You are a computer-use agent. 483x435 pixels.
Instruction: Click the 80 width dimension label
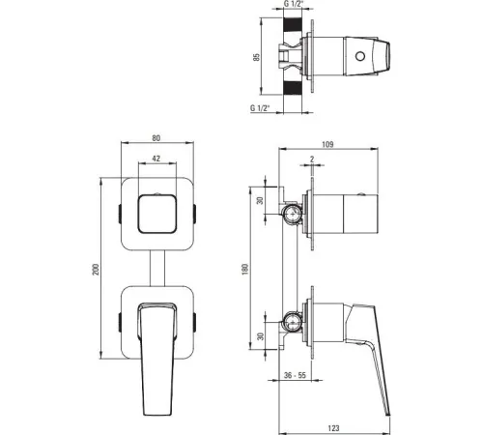point(156,138)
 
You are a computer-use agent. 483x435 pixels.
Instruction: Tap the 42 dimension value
point(156,159)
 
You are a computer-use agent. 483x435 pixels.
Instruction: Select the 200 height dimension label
point(96,269)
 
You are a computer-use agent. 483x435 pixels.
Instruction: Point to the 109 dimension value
point(327,144)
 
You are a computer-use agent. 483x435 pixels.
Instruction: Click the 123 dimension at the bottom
point(333,428)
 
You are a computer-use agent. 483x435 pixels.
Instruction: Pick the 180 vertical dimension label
point(245,269)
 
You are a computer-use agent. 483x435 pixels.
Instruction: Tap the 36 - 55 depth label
point(295,375)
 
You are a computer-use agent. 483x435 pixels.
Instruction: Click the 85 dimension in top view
point(256,57)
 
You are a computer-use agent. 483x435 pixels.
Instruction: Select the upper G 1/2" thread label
point(294,4)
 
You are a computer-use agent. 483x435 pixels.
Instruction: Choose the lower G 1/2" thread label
point(260,108)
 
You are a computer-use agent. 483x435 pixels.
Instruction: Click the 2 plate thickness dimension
point(312,159)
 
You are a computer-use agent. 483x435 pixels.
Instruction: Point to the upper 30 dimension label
point(260,200)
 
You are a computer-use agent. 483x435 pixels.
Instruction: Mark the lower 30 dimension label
point(261,336)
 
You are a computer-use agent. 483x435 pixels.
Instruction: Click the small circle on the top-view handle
point(360,56)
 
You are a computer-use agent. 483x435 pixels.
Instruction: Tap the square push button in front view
point(157,214)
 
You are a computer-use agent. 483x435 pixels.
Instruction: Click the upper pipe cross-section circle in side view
point(292,214)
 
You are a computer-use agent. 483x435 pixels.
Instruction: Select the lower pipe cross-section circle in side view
point(292,322)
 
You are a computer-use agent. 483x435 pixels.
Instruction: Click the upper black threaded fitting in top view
point(293,25)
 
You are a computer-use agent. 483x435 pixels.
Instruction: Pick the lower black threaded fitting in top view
point(293,88)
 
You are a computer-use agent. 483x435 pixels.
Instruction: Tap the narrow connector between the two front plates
point(157,268)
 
